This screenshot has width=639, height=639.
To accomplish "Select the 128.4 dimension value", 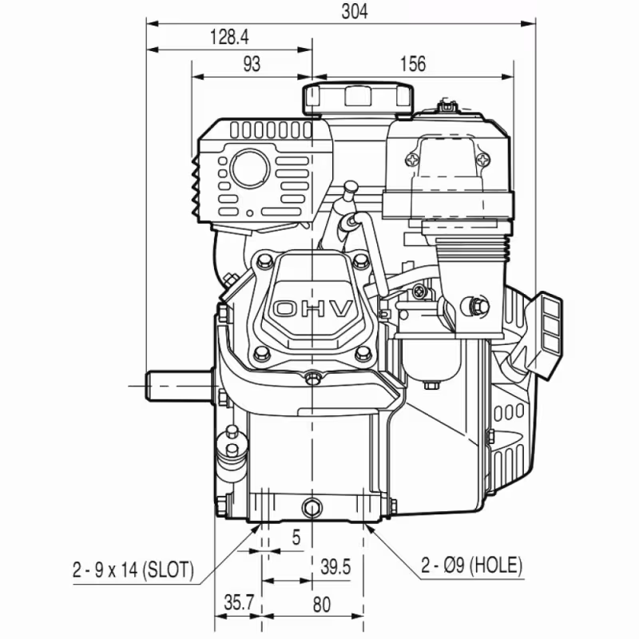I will (x=229, y=36).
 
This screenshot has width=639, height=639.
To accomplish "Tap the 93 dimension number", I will (x=252, y=65).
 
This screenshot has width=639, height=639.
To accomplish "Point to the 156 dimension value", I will (x=412, y=65).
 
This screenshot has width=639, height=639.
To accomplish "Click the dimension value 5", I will (x=296, y=538).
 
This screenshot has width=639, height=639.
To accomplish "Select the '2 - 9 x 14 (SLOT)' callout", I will (x=133, y=570).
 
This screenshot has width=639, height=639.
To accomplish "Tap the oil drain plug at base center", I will (x=312, y=506).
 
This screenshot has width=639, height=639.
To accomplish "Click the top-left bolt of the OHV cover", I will (x=261, y=259).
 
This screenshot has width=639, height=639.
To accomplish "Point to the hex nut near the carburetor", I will (x=478, y=304).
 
